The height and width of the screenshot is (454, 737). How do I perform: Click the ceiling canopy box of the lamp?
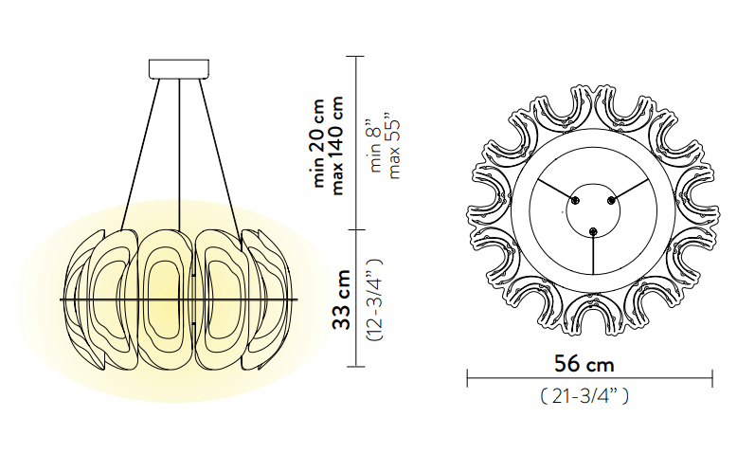coord(179,68)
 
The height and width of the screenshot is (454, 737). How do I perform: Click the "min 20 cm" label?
coord(318,143)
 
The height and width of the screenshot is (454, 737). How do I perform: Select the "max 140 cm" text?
coord(337,145)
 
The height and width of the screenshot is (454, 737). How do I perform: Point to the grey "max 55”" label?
coord(394,146)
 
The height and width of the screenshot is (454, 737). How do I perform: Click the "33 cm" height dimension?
coord(342,300)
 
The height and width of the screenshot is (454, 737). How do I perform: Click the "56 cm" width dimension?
coord(584,364)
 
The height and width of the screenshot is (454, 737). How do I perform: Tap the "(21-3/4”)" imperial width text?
coord(584,396)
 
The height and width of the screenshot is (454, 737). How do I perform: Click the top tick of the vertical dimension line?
coord(356,57)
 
